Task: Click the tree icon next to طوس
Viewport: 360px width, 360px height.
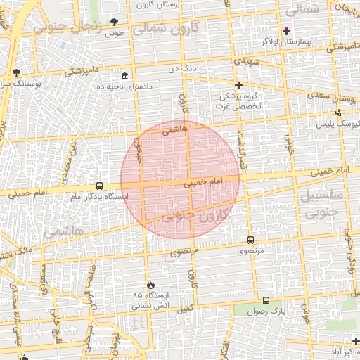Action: [x=115, y=22]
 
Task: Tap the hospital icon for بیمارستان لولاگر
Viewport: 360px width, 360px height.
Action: [x=285, y=31]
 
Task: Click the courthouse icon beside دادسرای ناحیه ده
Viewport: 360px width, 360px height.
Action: [x=125, y=76]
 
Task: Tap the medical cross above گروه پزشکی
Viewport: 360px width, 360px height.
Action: [x=238, y=85]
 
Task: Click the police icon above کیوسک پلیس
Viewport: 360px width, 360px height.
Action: [x=338, y=112]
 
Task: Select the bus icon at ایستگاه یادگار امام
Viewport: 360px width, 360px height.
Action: [x=99, y=186]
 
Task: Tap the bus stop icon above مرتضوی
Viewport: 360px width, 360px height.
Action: [x=251, y=240]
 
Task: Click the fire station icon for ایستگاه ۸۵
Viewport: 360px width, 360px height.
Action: [x=150, y=285]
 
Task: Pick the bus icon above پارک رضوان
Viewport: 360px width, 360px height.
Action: [x=265, y=300]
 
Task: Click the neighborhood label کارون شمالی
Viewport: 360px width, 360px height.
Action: [x=167, y=29]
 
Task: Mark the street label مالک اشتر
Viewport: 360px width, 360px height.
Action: [x=14, y=252]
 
